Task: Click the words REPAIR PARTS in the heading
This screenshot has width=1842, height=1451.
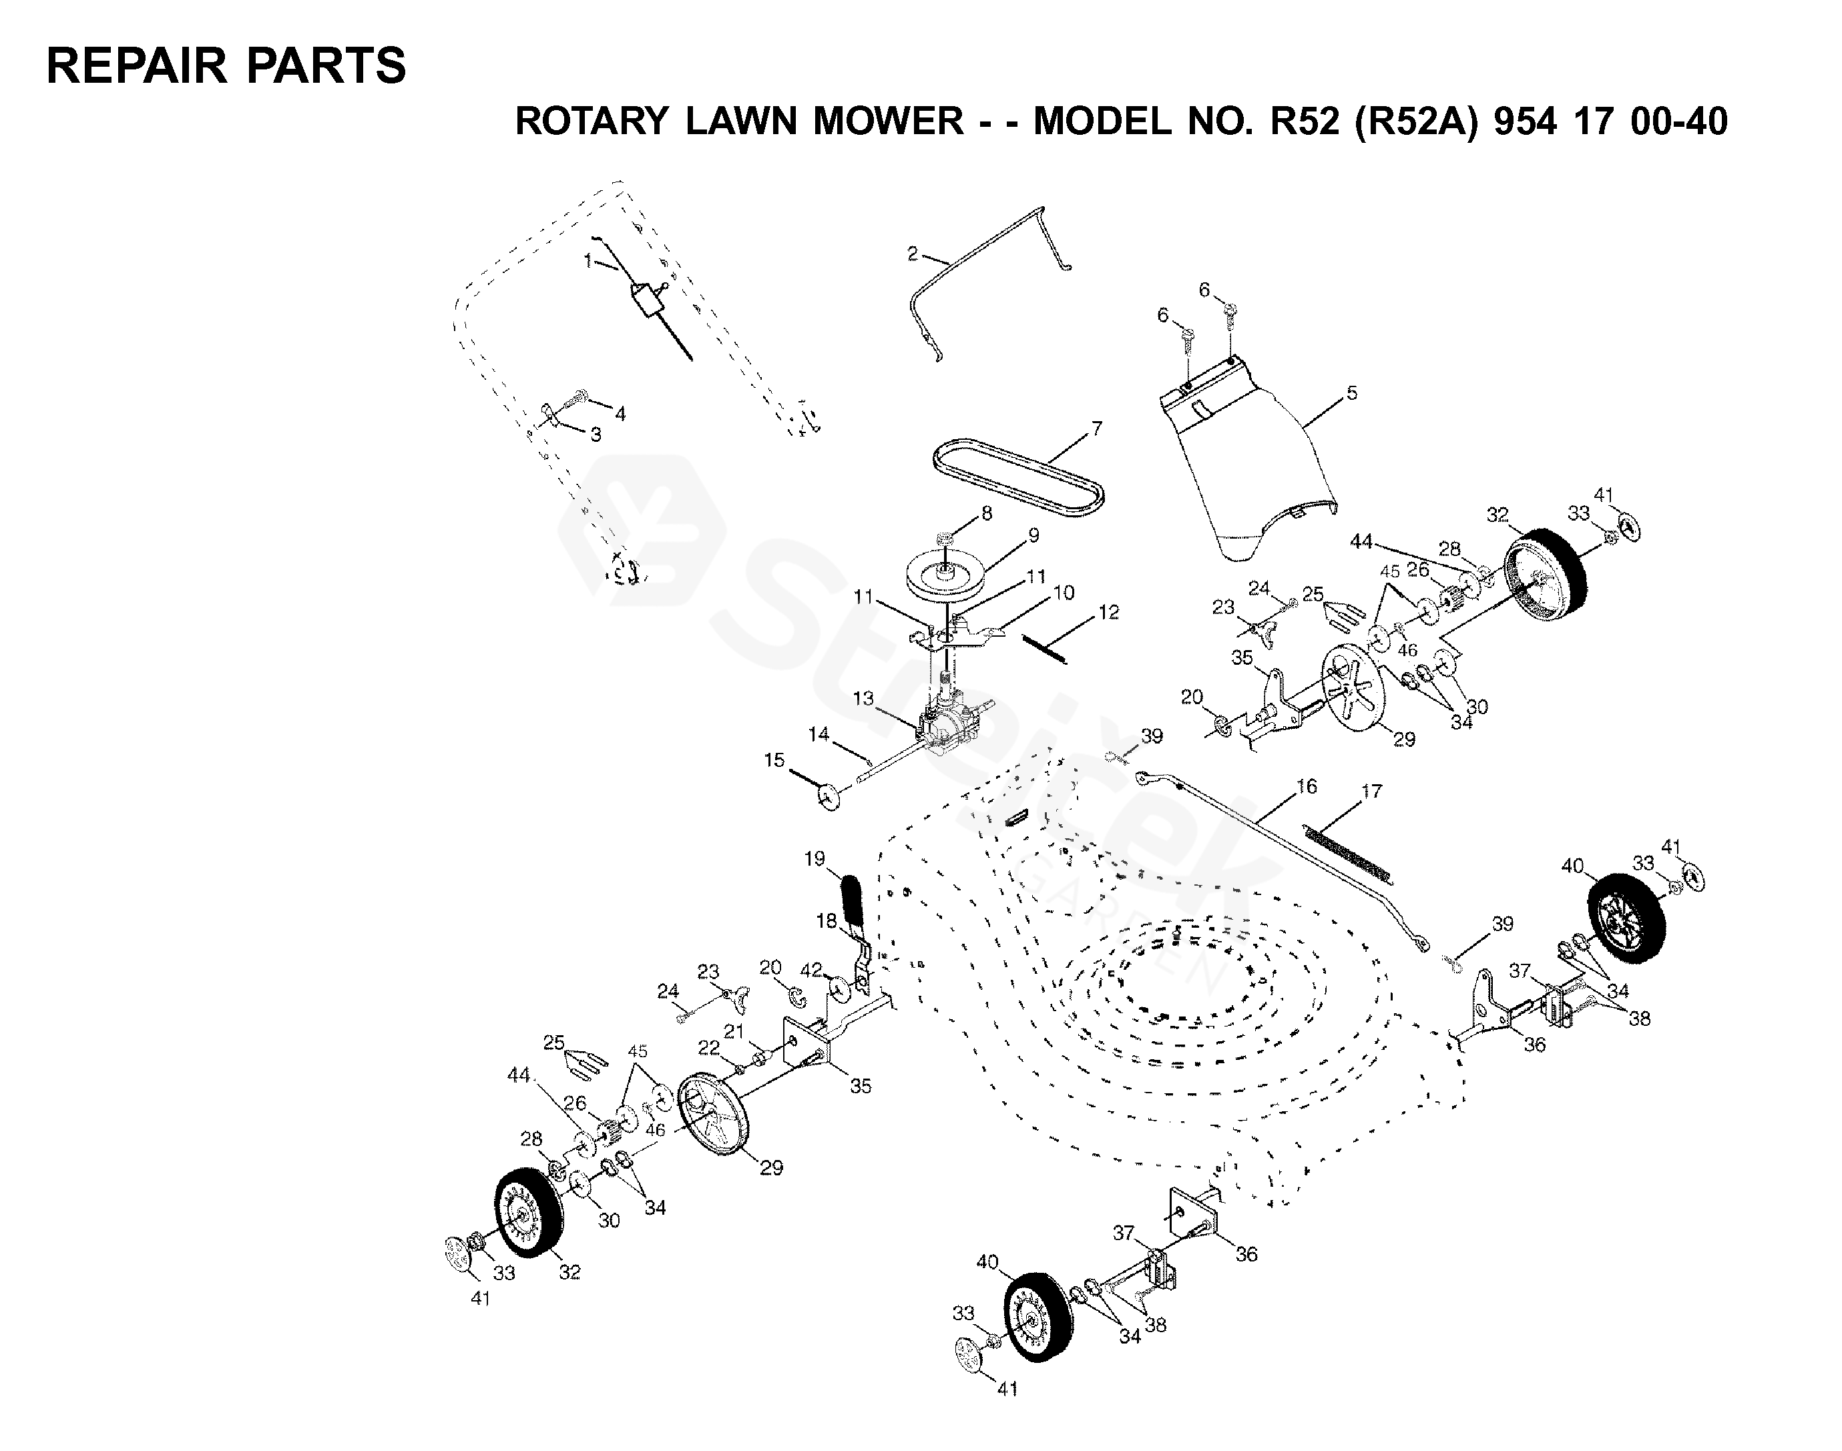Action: (x=226, y=65)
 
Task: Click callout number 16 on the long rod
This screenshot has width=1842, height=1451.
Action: (x=1306, y=787)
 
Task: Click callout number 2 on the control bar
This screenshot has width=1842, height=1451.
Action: (x=913, y=253)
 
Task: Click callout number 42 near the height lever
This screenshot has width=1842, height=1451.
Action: (x=811, y=969)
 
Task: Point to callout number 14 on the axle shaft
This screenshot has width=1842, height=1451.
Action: (x=819, y=734)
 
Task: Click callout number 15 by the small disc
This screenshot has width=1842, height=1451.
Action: (x=773, y=760)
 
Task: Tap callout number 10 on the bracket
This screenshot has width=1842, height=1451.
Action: (x=1064, y=592)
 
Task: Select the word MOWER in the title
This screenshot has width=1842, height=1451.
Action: (x=889, y=121)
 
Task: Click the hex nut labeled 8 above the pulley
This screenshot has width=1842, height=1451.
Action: (x=944, y=539)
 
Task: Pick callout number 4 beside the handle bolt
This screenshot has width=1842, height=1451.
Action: (x=620, y=414)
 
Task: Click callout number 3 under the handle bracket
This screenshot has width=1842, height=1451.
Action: (x=596, y=434)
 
